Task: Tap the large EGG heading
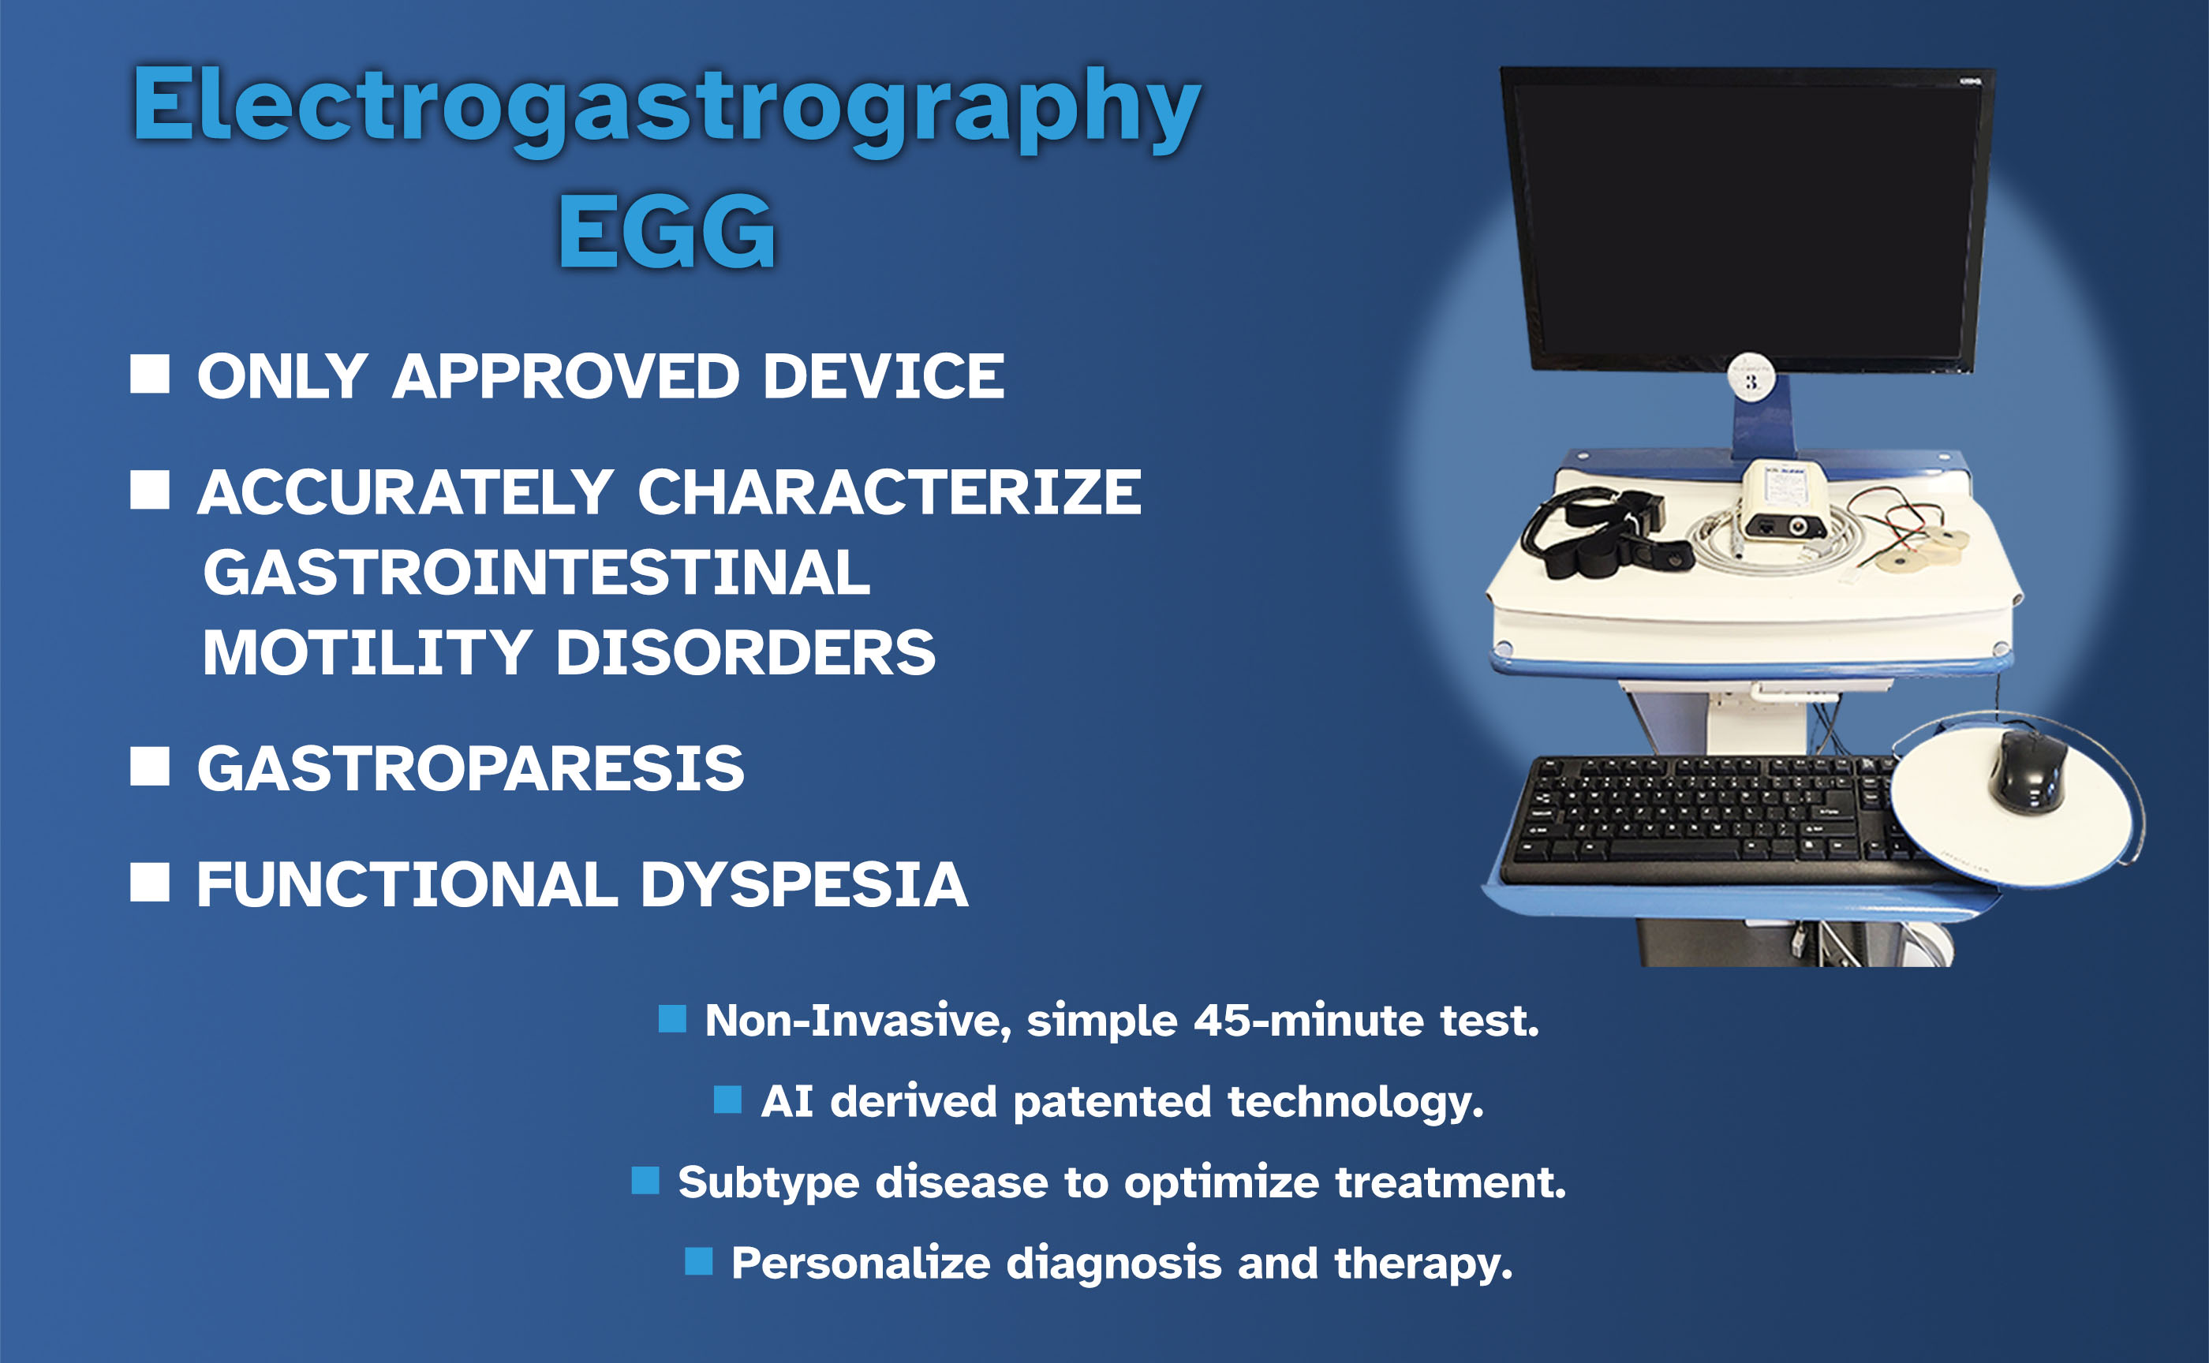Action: (667, 232)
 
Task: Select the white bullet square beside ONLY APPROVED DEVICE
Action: (150, 373)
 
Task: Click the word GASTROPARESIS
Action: (471, 769)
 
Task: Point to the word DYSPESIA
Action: (803, 884)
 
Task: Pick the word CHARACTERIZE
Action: (889, 492)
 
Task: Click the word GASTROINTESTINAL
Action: (536, 573)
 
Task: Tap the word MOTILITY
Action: (366, 652)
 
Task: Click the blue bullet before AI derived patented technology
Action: (727, 1099)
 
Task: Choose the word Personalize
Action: (860, 1263)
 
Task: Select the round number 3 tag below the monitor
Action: (1751, 379)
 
